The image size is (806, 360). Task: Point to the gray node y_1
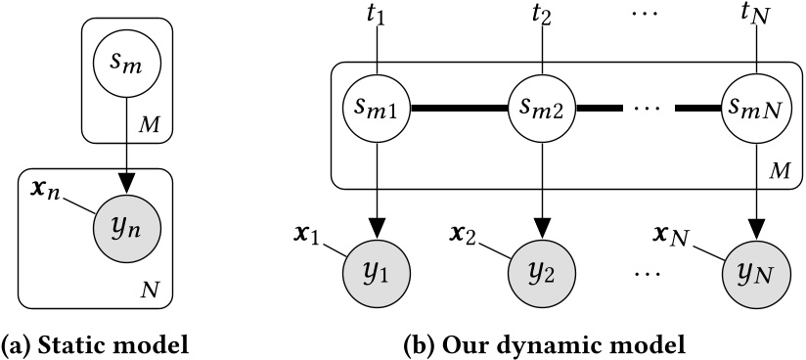376,271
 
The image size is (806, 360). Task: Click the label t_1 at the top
376,17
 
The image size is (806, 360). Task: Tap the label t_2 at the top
541,17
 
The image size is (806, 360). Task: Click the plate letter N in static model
147,290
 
